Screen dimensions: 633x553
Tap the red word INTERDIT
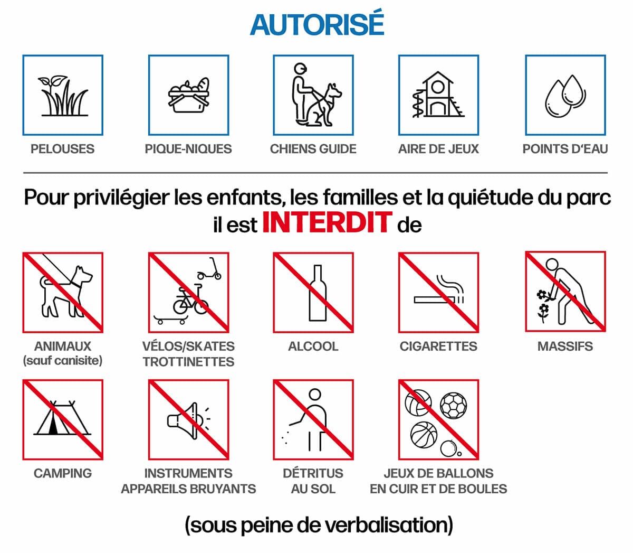pos(328,222)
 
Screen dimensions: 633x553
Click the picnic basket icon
pos(189,95)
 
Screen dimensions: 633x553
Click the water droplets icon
pos(565,96)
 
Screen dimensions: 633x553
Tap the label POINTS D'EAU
pos(565,149)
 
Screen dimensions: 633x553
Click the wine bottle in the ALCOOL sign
pos(318,293)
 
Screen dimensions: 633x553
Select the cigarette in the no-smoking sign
pos(434,300)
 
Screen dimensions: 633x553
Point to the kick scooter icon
pos(210,269)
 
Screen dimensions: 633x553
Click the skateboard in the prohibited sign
pos(171,320)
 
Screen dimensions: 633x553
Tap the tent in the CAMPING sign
pos(62,418)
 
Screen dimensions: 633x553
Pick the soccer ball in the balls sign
pos(453,405)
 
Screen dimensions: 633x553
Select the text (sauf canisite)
pos(63,361)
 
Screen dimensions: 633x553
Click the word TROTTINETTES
pos(188,362)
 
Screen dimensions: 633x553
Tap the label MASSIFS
pos(565,346)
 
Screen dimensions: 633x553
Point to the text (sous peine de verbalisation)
pos(319,525)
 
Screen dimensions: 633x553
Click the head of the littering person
pos(315,395)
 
